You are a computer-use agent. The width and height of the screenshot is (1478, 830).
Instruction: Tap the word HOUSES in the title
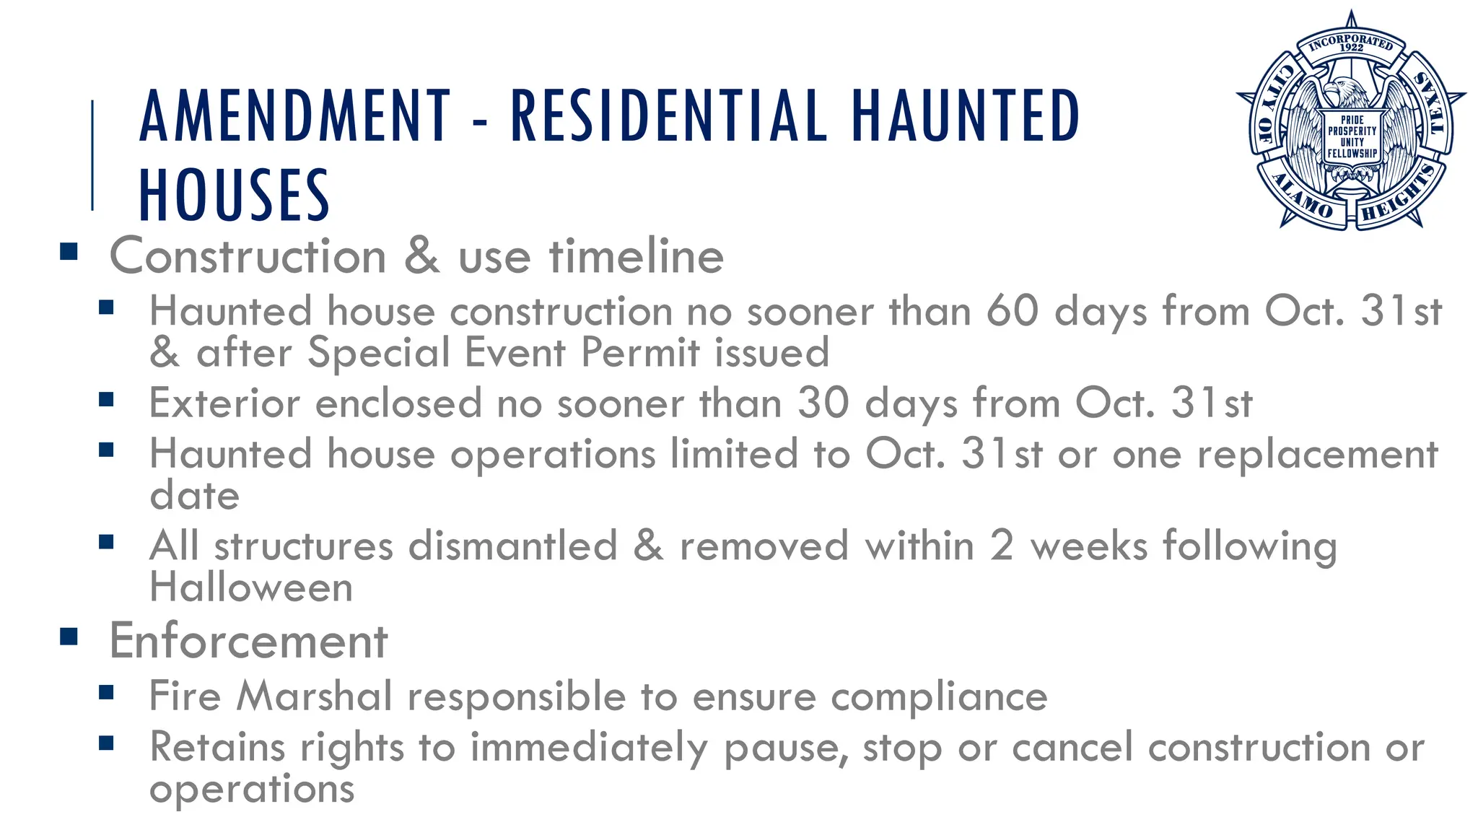pyautogui.click(x=234, y=195)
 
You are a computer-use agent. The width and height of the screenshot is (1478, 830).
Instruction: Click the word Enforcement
pyautogui.click(x=248, y=641)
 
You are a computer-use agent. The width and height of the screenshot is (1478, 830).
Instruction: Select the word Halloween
pyautogui.click(x=251, y=587)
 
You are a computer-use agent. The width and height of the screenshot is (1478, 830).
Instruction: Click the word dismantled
pyautogui.click(x=512, y=546)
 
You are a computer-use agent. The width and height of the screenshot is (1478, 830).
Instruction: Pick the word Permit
pyautogui.click(x=640, y=353)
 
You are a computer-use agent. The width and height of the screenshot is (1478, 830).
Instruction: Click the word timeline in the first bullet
pyautogui.click(x=636, y=256)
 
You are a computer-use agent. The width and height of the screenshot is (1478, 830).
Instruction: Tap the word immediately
pyautogui.click(x=588, y=748)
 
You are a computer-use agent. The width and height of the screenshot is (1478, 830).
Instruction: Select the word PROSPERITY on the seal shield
pyautogui.click(x=1352, y=131)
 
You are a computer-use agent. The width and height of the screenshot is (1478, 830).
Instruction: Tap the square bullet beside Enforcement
pyautogui.click(x=69, y=637)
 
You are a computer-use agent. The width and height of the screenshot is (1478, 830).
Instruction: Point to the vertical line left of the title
pyautogui.click(x=92, y=155)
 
